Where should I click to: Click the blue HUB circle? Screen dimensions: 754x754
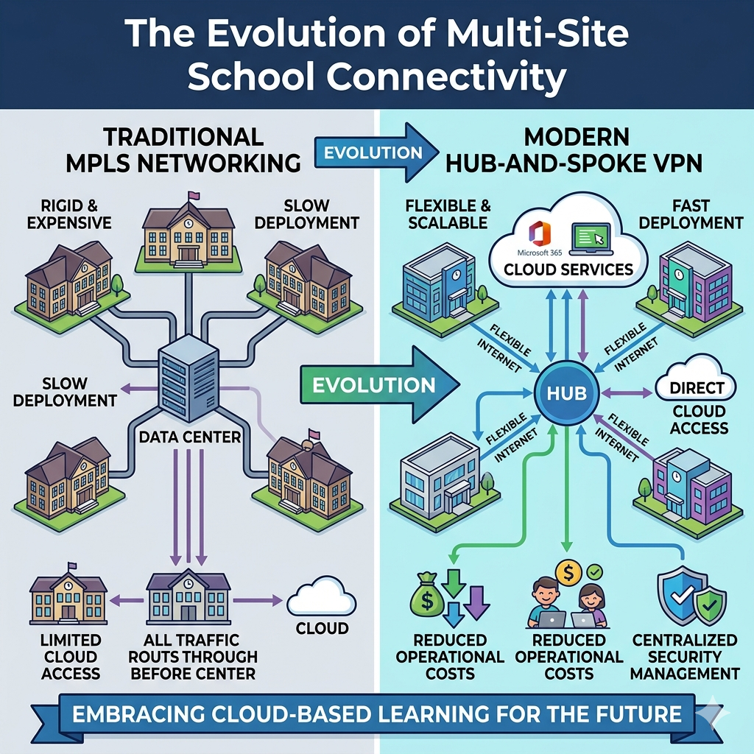pyautogui.click(x=567, y=392)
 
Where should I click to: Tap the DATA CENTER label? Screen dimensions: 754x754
pyautogui.click(x=190, y=437)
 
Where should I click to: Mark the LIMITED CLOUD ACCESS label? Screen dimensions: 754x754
pyautogui.click(x=70, y=657)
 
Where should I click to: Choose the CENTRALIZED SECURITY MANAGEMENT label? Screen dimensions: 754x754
pyautogui.click(x=685, y=657)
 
